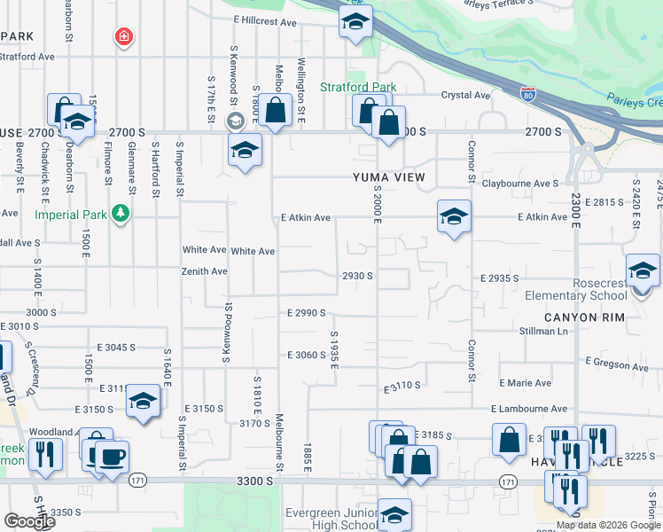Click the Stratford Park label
[358, 88]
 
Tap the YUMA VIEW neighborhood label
[390, 177]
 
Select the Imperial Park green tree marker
[121, 214]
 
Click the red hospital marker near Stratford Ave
[125, 37]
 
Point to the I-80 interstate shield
[528, 93]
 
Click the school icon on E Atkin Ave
[454, 216]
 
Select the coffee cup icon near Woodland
[112, 458]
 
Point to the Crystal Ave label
[466, 95]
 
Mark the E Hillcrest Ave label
[265, 19]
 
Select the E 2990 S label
[307, 313]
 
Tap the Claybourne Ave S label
[519, 184]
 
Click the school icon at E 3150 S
[143, 402]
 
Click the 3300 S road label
[254, 481]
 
